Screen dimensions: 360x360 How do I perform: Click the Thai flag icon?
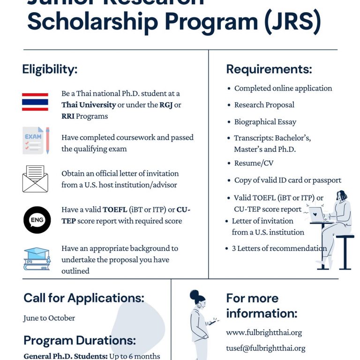(35, 101)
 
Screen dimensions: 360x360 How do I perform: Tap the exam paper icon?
(36, 140)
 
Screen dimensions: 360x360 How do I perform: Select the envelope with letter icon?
(35, 179)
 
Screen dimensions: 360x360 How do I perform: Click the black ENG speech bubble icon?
(37, 220)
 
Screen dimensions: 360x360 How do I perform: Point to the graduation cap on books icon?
(36, 258)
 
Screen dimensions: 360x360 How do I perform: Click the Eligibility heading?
(50, 69)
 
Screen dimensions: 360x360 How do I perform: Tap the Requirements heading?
(269, 69)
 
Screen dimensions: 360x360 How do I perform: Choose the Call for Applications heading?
(84, 298)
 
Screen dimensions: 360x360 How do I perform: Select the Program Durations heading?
(80, 340)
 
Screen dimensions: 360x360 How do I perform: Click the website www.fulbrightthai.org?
(264, 332)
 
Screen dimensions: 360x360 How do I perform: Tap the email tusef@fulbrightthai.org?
(265, 348)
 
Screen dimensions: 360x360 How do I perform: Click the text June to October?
(49, 318)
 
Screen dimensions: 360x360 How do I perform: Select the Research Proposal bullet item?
(264, 105)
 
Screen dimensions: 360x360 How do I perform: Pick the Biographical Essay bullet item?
(265, 122)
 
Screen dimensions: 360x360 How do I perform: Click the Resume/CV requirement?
(254, 163)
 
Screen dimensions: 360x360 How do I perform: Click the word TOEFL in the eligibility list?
(115, 210)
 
